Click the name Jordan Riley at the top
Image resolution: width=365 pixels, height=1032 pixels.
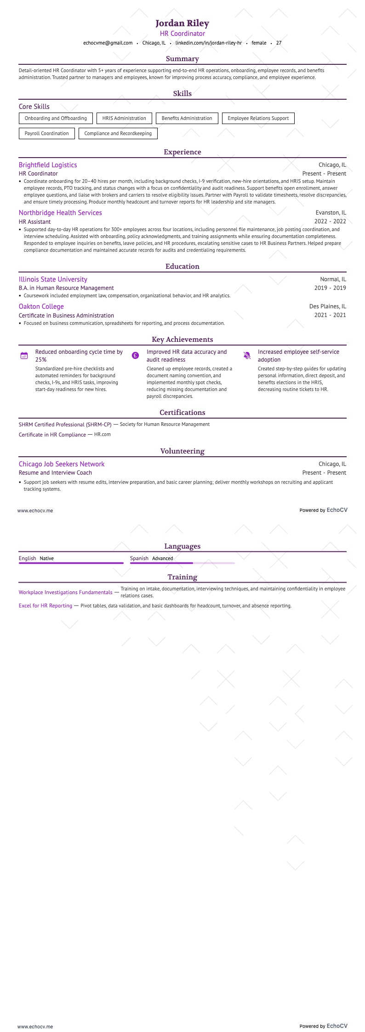tap(182, 23)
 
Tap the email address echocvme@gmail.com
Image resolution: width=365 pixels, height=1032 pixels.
tap(108, 43)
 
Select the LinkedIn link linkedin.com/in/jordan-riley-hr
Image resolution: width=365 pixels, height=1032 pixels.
tap(208, 43)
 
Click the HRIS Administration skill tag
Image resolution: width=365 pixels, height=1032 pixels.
tap(124, 118)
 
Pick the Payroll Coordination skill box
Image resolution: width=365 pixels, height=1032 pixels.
tap(46, 133)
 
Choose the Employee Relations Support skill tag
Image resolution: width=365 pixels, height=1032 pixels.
tap(258, 118)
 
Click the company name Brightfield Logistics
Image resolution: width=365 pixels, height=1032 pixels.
tap(48, 165)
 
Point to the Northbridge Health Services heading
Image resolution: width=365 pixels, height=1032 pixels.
tap(60, 213)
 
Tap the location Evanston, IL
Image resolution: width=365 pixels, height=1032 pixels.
tap(331, 213)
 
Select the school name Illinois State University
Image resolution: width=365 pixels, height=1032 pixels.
tap(53, 279)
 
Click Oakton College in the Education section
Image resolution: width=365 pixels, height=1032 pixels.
tap(41, 306)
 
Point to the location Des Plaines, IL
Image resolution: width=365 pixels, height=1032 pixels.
tap(327, 306)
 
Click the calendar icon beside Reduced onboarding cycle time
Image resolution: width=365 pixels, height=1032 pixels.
tap(24, 355)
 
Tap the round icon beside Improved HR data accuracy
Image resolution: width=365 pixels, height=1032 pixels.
tap(135, 355)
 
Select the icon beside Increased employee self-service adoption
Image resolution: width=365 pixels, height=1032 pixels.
tap(247, 355)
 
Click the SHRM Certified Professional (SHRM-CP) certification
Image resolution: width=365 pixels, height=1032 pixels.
tap(65, 425)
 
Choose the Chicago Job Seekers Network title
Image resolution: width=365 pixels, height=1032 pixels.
tap(62, 464)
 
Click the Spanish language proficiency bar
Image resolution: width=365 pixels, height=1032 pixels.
tap(182, 563)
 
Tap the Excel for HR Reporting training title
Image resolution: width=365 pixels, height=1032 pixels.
tap(46, 606)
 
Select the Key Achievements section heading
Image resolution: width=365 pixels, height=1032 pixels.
tap(182, 340)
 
